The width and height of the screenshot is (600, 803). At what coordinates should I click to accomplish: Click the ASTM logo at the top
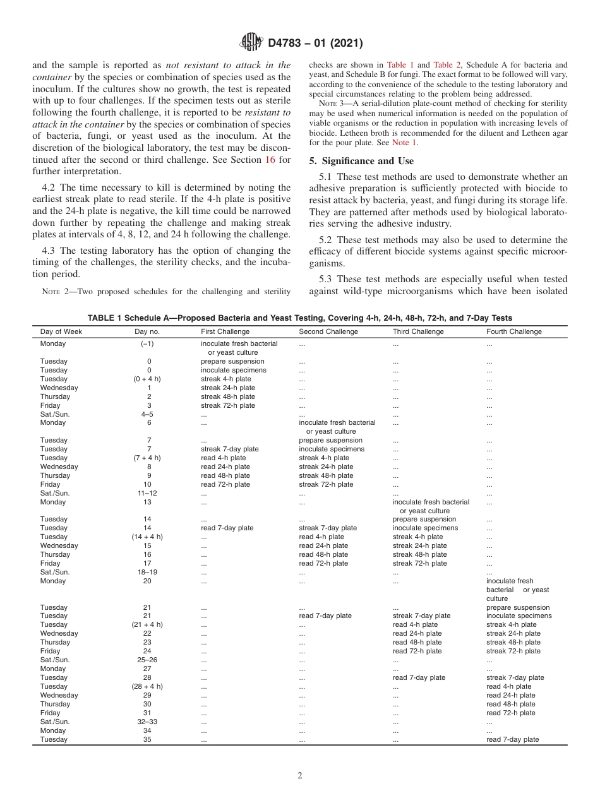coord(251,43)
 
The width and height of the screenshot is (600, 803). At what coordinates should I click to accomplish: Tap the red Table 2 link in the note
coord(447,64)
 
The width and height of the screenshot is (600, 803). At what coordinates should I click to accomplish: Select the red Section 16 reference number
coord(270,160)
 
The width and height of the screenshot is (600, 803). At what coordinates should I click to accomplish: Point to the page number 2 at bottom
coord(300,776)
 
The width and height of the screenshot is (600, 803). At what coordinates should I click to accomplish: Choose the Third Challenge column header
coord(418,331)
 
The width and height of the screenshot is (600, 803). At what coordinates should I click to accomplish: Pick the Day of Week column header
coord(61,331)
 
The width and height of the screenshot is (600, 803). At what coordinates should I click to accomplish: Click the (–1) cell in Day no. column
coord(147,344)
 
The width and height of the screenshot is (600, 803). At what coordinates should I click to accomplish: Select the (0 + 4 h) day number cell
coord(147,379)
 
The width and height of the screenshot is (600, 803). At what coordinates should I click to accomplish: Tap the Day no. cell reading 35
coord(147,739)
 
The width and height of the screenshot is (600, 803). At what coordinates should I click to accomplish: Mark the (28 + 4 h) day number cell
coord(147,686)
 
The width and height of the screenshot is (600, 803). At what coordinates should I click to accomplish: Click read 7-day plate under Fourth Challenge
coord(512,739)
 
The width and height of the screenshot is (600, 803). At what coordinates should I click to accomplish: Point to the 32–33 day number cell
coord(147,722)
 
